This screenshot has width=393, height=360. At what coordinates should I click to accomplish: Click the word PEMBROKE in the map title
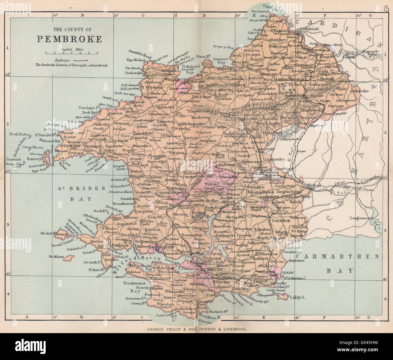[69, 39]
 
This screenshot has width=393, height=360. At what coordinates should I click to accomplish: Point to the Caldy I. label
[298, 297]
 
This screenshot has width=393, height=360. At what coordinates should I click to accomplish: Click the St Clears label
[366, 190]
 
